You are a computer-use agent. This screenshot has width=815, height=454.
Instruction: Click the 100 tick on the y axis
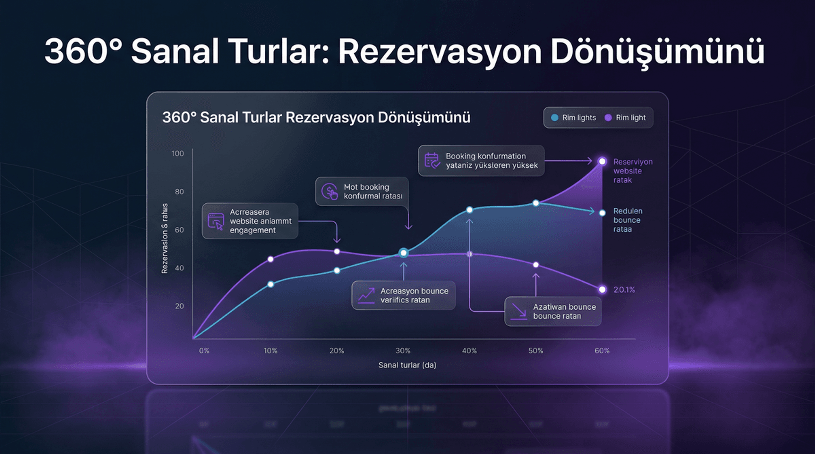[x=177, y=154]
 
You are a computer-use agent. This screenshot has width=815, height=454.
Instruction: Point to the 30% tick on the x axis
[x=403, y=351]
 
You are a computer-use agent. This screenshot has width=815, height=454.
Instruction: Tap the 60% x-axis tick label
[x=601, y=351]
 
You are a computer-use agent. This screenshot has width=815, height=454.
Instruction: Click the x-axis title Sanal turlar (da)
[x=407, y=365]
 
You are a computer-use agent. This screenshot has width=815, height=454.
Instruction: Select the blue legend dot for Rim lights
[x=554, y=118]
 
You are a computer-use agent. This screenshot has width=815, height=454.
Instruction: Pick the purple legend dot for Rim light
[x=608, y=118]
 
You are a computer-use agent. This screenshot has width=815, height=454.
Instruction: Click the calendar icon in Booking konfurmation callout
[x=432, y=160]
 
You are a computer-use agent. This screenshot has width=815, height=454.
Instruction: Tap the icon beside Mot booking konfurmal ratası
[x=329, y=191]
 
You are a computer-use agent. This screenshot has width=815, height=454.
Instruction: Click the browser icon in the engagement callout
[x=216, y=221]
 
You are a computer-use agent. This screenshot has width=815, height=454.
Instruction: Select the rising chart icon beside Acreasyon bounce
[x=366, y=295]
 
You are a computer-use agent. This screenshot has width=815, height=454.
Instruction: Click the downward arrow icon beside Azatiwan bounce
[x=519, y=311]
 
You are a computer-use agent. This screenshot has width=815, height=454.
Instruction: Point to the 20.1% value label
[x=624, y=290]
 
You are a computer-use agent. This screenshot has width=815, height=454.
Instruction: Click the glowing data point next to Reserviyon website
[x=602, y=161]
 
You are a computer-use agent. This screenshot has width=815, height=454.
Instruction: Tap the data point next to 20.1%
[x=602, y=289]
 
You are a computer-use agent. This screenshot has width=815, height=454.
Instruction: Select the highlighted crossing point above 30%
[x=403, y=253]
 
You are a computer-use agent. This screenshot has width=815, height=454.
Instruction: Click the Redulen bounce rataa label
[x=627, y=220]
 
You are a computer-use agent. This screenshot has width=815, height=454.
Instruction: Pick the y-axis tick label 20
[x=179, y=306]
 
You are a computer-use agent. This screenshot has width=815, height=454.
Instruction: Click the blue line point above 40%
[x=469, y=210]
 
